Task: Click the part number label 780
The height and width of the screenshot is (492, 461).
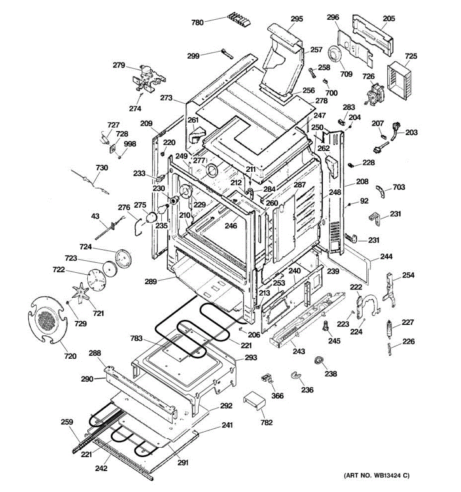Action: (197, 23)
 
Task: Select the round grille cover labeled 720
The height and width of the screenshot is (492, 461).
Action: (48, 320)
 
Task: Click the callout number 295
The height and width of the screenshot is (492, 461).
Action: (297, 19)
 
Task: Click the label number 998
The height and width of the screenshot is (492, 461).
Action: (130, 143)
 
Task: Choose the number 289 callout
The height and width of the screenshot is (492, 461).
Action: (151, 281)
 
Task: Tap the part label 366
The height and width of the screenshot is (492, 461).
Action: (277, 396)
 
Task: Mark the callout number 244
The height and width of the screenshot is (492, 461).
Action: (386, 256)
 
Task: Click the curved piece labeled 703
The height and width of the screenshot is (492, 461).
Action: (381, 191)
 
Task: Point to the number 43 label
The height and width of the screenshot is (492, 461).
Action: (95, 216)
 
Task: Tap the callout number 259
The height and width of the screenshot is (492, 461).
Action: (67, 422)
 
